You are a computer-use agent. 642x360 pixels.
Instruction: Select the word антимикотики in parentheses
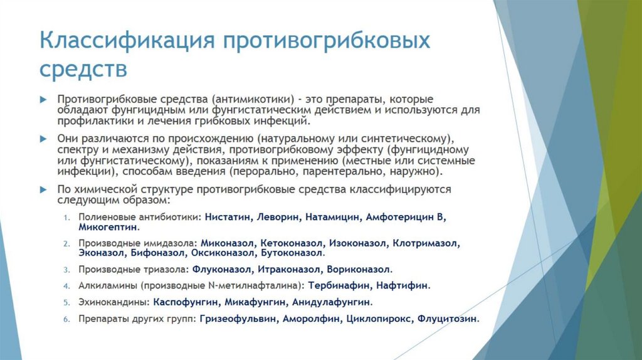[253, 100]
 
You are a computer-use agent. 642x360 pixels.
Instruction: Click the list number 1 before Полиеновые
[66, 217]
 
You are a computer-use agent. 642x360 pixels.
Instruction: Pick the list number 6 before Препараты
[66, 319]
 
